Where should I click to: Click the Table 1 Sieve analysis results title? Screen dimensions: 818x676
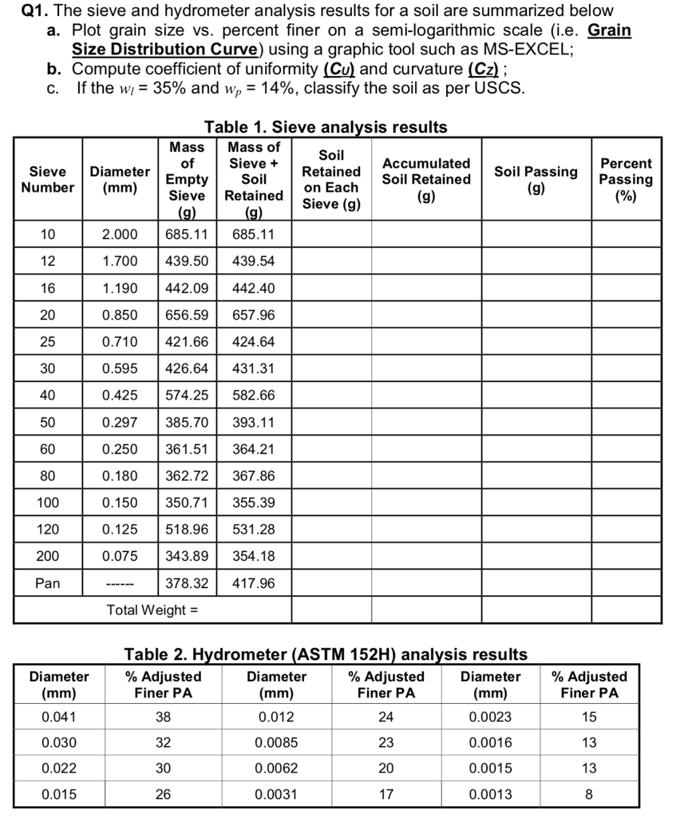click(326, 127)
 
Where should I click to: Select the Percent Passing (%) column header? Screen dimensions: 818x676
click(626, 180)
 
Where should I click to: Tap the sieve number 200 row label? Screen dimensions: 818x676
click(48, 556)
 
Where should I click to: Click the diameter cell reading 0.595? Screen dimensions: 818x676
click(119, 368)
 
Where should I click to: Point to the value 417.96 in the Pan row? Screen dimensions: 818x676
click(253, 583)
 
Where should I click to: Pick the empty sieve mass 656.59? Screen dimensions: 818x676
click(186, 315)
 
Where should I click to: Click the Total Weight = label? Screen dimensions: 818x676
click(152, 610)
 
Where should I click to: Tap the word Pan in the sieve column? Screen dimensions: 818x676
click(48, 583)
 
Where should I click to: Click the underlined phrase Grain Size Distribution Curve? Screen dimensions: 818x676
click(173, 49)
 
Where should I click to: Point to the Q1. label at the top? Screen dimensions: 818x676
click(32, 11)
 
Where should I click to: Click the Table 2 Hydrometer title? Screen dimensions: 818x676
click(326, 654)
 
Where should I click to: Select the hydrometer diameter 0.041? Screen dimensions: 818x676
click(58, 717)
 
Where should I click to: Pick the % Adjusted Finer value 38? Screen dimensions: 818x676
click(163, 717)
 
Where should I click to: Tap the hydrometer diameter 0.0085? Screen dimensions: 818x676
click(276, 743)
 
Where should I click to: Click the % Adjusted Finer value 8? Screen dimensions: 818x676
click(589, 794)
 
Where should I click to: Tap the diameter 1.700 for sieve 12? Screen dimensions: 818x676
click(119, 261)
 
